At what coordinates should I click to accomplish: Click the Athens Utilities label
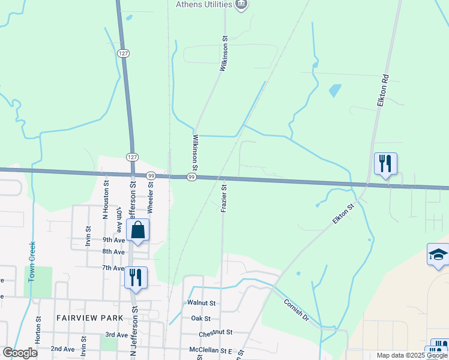tap(203, 4)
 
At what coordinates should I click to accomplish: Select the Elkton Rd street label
tap(384, 91)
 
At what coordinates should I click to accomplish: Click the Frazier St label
tap(223, 198)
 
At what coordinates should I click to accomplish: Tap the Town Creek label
tap(32, 262)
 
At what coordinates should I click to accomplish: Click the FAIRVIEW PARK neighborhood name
tap(90, 318)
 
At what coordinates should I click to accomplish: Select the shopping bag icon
tap(138, 230)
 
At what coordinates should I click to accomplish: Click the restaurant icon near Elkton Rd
tap(385, 163)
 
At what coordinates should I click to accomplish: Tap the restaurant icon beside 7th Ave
tap(135, 277)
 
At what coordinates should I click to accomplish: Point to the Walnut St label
tap(201, 304)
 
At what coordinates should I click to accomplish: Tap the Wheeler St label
tap(151, 197)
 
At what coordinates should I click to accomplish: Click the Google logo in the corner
tap(20, 353)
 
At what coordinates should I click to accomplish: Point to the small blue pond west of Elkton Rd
tap(334, 91)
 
